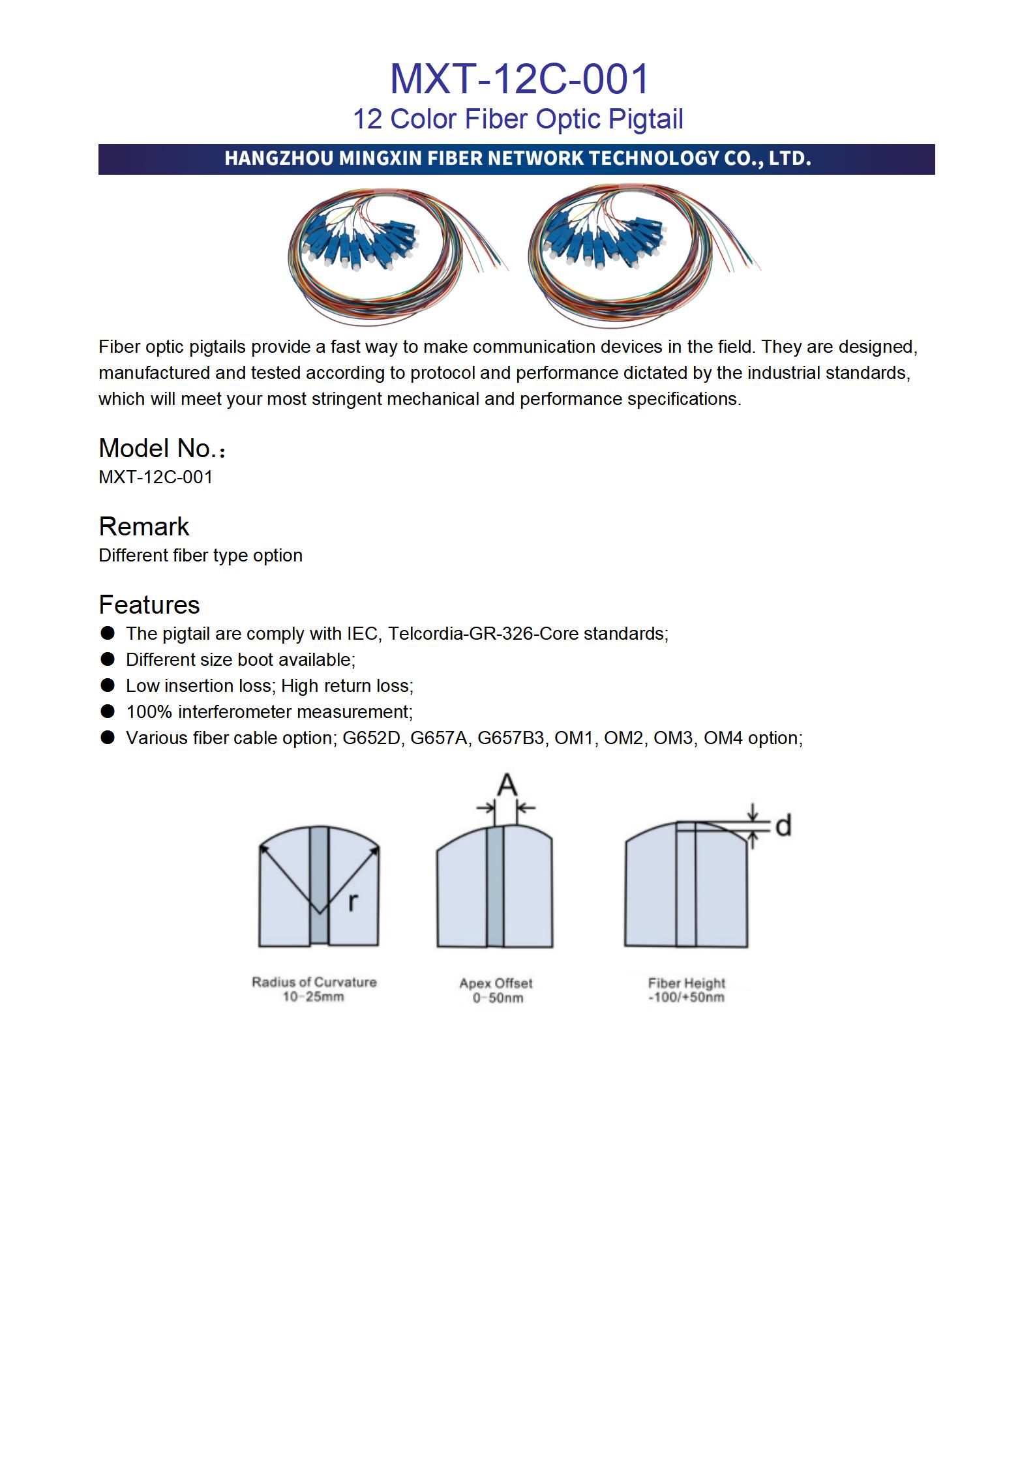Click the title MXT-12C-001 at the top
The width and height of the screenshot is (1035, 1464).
[519, 79]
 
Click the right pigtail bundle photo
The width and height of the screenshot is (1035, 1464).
[642, 254]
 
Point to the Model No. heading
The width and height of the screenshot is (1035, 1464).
[161, 449]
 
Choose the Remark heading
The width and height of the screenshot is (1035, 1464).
[143, 527]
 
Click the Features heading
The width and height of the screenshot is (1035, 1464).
[149, 605]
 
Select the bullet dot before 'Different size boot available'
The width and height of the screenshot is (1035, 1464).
[108, 659]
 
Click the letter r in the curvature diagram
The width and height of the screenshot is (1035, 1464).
[353, 901]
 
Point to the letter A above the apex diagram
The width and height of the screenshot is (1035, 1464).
[507, 785]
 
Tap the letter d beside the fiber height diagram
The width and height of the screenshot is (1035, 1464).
[783, 826]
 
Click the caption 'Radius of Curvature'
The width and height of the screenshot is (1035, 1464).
[314, 982]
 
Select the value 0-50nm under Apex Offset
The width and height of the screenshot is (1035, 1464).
[498, 998]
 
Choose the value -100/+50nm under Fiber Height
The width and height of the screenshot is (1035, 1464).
[686, 998]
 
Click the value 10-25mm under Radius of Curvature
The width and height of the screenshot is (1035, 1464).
[313, 997]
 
